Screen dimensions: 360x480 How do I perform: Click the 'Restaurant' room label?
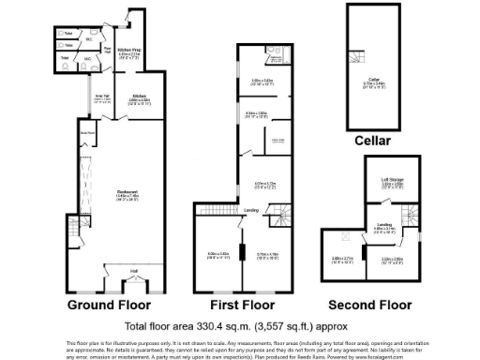pyautogui.click(x=115, y=192)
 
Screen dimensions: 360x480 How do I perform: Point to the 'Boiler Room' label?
pyautogui.click(x=92, y=134)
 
